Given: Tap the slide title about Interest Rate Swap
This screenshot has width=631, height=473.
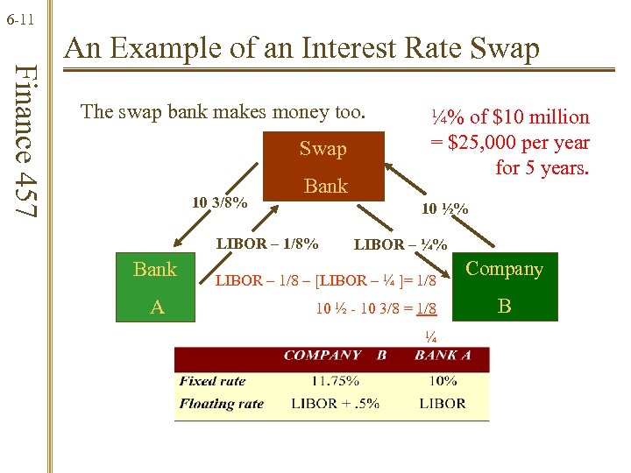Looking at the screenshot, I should pyautogui.click(x=302, y=47).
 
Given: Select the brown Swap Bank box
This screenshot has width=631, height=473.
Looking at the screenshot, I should pyautogui.click(x=324, y=166).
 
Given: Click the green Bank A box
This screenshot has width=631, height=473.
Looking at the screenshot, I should pyautogui.click(x=154, y=286).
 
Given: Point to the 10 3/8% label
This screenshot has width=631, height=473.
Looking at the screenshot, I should pyautogui.click(x=219, y=203).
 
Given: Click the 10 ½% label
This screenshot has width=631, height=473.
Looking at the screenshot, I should pyautogui.click(x=444, y=209).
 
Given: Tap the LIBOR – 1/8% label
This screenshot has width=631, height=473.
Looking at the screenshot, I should pyautogui.click(x=267, y=243).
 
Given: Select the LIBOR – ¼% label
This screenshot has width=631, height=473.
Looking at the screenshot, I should pyautogui.click(x=401, y=245).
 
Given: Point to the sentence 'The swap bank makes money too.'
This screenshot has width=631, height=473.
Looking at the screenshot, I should pyautogui.click(x=223, y=112).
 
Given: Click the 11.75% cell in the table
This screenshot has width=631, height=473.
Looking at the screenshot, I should pyautogui.click(x=334, y=381).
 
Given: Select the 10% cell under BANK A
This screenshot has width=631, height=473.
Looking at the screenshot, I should pyautogui.click(x=443, y=381).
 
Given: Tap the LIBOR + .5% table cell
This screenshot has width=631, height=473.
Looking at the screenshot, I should pyautogui.click(x=334, y=404).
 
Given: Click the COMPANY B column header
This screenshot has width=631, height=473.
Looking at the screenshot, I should pyautogui.click(x=335, y=356).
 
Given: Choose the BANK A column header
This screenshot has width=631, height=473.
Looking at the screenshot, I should pyautogui.click(x=443, y=356).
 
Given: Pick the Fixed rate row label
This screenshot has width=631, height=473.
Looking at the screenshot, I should pyautogui.click(x=212, y=381).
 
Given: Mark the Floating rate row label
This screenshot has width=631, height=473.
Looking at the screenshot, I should pyautogui.click(x=221, y=404).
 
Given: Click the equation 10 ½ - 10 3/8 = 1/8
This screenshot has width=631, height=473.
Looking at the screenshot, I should pyautogui.click(x=376, y=307).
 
